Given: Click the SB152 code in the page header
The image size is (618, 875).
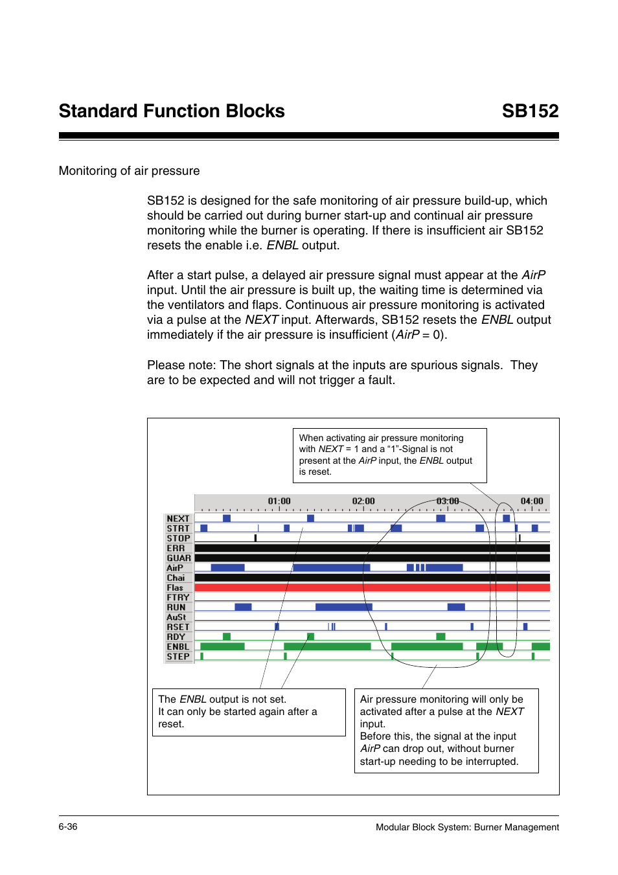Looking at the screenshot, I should click(x=529, y=111).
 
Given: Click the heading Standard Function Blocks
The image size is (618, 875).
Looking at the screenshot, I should click(x=172, y=111).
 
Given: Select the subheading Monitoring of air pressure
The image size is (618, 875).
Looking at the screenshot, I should click(x=129, y=171).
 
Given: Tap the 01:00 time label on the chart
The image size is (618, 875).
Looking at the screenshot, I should click(x=279, y=501).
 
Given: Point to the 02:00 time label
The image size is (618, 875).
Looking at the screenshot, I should click(x=363, y=501).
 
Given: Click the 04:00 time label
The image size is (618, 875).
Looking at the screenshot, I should click(x=532, y=501).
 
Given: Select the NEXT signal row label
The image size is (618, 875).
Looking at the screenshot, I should click(x=178, y=519).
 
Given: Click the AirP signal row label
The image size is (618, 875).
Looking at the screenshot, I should click(x=175, y=568).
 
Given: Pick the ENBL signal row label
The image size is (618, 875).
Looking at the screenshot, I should click(x=178, y=647).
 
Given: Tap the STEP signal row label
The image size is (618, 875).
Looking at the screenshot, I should click(x=178, y=657).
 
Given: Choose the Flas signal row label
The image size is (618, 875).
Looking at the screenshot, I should click(x=175, y=588).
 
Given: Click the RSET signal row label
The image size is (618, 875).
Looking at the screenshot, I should click(x=178, y=627).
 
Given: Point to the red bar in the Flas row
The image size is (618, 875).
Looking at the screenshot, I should click(x=372, y=587).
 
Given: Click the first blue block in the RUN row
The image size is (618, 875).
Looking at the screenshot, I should click(x=243, y=607).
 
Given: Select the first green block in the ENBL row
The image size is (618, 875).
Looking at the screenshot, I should click(x=222, y=646).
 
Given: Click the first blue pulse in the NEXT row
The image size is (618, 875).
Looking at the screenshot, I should click(x=227, y=518).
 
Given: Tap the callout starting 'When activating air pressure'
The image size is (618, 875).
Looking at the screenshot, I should click(x=389, y=455).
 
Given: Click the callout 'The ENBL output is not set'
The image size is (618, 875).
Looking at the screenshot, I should click(x=249, y=712).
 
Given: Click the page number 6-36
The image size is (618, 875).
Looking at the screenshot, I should click(x=68, y=826).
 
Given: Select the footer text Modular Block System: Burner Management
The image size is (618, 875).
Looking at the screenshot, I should click(x=467, y=827).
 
